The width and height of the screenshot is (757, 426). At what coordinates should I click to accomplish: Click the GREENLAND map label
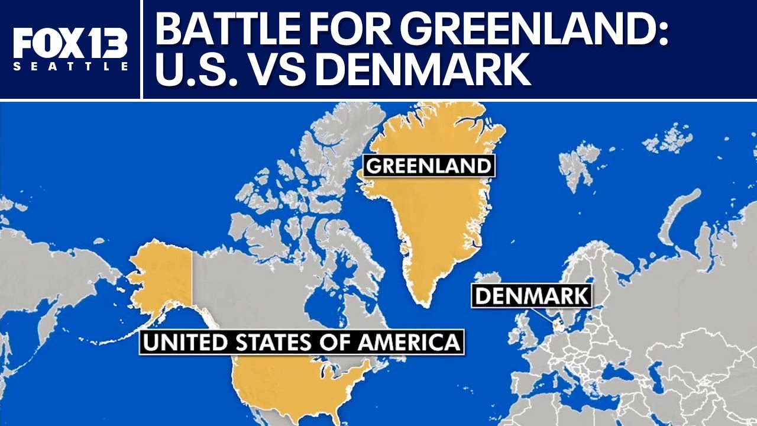coord(429,166)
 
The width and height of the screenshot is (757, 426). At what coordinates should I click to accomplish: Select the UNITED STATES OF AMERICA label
coord(302,343)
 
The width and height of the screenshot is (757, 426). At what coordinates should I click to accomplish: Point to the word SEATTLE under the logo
coord(70,67)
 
